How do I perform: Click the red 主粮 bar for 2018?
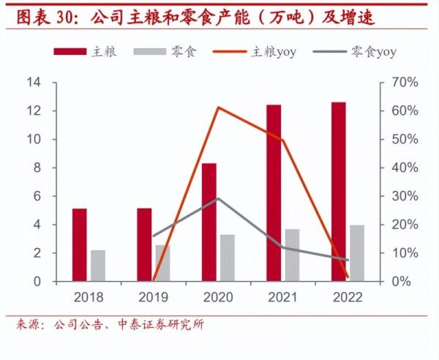pyautogui.click(x=79, y=244)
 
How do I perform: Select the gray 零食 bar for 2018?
pyautogui.click(x=98, y=266)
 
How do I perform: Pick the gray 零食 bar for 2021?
pyautogui.click(x=292, y=255)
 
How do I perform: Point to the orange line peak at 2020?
pyautogui.click(x=219, y=108)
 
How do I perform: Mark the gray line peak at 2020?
pyautogui.click(x=218, y=198)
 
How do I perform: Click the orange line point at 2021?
pyautogui.click(x=282, y=140)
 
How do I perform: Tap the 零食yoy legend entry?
pyautogui.click(x=354, y=51)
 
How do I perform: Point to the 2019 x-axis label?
pyautogui.click(x=153, y=297)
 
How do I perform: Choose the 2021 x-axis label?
pyautogui.click(x=282, y=297)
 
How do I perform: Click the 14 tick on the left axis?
pyautogui.click(x=33, y=82)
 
